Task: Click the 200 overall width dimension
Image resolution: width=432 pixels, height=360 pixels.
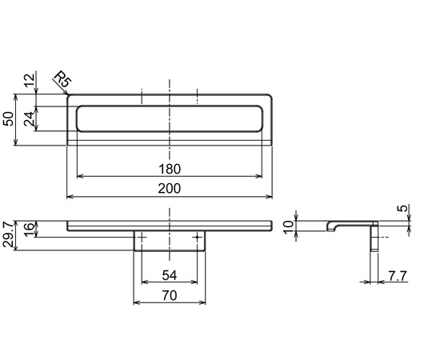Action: click(170, 189)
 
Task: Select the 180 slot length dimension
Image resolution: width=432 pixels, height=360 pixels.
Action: click(170, 169)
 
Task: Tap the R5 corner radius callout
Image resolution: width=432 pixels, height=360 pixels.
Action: click(63, 79)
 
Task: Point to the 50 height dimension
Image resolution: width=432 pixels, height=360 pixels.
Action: click(9, 118)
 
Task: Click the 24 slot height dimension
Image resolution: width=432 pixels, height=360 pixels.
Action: click(30, 118)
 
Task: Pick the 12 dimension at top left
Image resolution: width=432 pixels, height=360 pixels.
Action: click(30, 81)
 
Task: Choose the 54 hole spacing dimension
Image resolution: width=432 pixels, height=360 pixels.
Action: click(169, 275)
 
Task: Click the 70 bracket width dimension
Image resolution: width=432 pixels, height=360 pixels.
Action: click(169, 295)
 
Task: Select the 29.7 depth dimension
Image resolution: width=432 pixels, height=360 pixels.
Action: click(8, 234)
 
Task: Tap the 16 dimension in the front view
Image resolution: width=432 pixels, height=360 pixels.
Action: click(30, 230)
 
